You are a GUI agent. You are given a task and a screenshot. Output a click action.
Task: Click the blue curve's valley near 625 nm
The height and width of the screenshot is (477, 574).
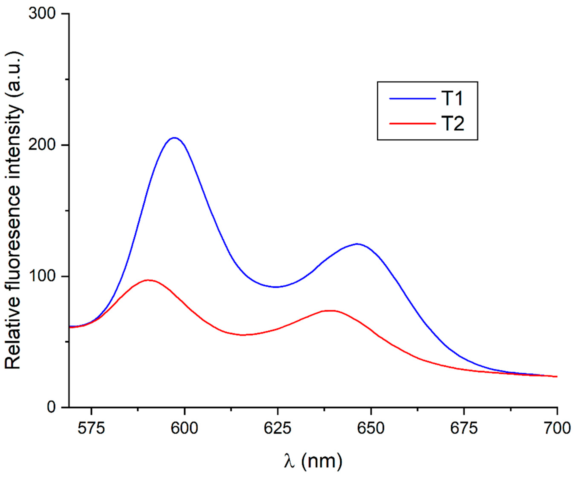coord(276,287)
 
